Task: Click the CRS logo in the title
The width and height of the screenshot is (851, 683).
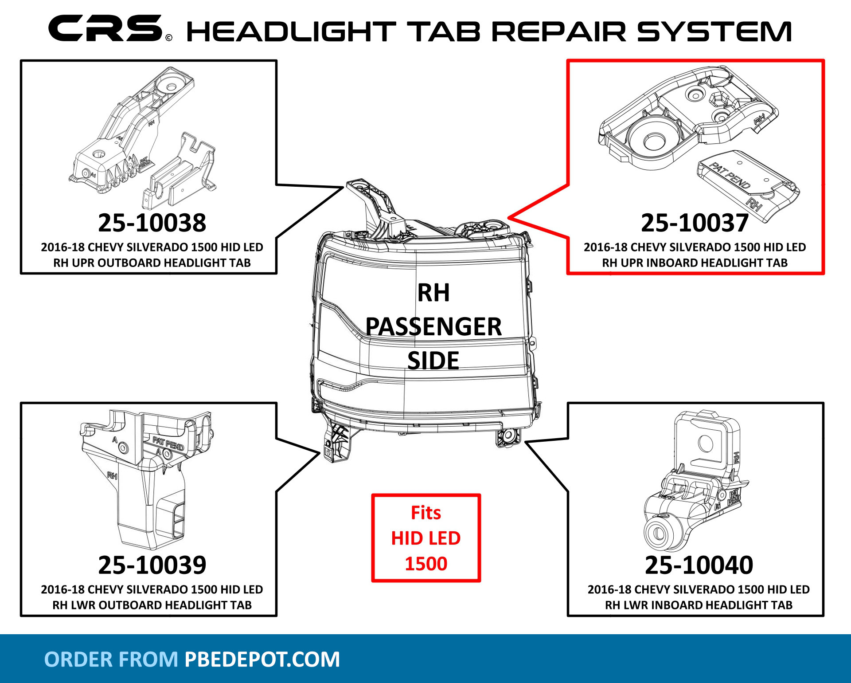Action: (x=105, y=28)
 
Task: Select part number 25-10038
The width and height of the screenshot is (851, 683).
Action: (x=152, y=223)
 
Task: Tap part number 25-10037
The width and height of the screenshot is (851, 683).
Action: (x=695, y=223)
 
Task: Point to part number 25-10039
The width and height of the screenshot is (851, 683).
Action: (x=152, y=565)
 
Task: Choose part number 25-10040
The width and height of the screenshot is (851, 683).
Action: (x=699, y=565)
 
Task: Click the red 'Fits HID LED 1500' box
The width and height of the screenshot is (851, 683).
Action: (x=426, y=538)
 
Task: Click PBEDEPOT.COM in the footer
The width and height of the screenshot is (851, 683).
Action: (x=262, y=659)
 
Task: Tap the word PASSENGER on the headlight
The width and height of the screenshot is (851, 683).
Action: (x=433, y=327)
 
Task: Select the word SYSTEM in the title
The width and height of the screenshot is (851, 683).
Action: (x=714, y=32)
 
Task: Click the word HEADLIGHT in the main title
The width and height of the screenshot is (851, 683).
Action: (x=291, y=32)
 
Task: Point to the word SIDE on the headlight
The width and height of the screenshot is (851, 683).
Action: (x=433, y=361)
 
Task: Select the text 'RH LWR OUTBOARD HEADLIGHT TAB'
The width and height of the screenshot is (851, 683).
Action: (x=152, y=605)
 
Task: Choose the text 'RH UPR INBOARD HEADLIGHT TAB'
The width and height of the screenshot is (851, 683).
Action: (x=695, y=263)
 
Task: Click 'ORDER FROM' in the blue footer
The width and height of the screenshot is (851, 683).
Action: (x=111, y=659)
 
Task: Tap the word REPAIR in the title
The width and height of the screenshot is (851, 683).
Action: (x=558, y=32)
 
